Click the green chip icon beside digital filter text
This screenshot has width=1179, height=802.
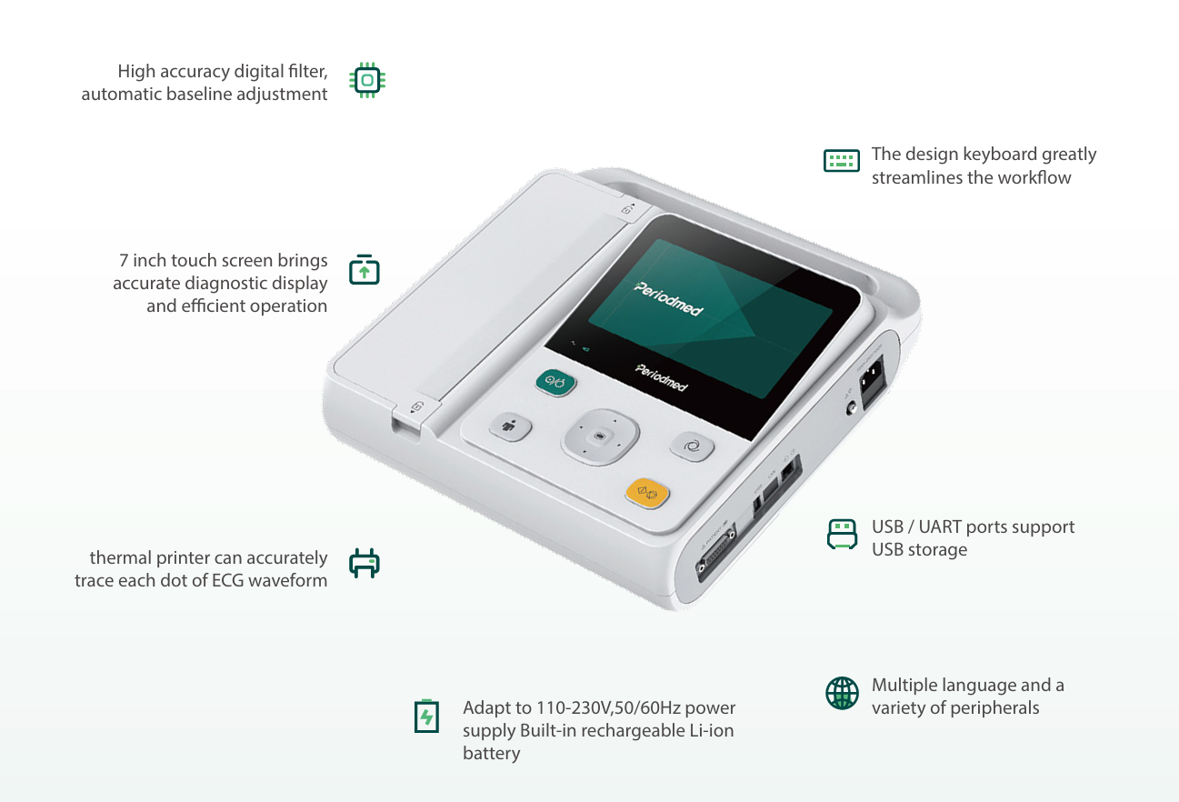click(x=367, y=80)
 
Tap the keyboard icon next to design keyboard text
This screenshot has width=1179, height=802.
click(x=841, y=161)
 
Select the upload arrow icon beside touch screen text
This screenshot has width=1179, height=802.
click(x=365, y=270)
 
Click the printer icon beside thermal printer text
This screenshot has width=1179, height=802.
click(x=365, y=563)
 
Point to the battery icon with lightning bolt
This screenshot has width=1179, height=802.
click(x=426, y=716)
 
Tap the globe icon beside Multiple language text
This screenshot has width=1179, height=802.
click(x=842, y=693)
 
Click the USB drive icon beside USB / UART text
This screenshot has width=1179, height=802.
click(x=842, y=534)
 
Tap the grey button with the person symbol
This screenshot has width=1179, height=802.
click(x=509, y=426)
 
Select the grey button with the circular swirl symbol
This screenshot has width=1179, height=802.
click(x=692, y=446)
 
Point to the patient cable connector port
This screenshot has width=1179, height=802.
click(x=715, y=553)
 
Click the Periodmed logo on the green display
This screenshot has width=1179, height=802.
click(x=668, y=299)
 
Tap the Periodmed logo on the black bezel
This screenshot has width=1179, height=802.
click(x=661, y=377)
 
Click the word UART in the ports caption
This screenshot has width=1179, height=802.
click(x=940, y=526)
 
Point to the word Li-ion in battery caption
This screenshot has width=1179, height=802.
click(x=712, y=730)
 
